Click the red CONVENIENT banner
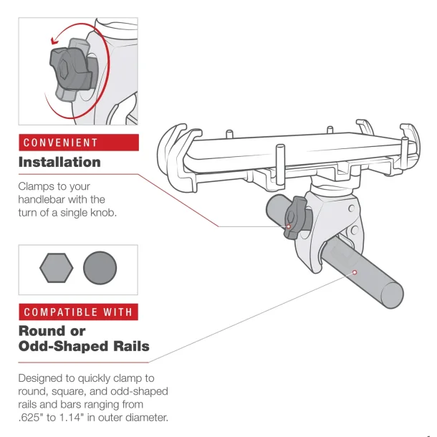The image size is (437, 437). [x=77, y=142]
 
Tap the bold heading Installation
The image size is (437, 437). [x=59, y=162]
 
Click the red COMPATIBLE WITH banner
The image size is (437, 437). [x=77, y=312]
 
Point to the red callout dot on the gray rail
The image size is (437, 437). [x=354, y=272]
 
